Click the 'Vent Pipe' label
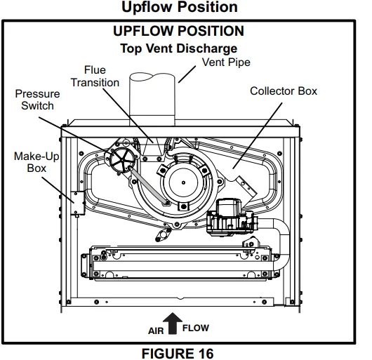click(225, 62)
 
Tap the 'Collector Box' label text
click(284, 91)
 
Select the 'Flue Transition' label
click(95, 76)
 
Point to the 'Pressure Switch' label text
click(34, 99)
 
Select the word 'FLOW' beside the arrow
click(195, 328)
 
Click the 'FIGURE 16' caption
click(178, 352)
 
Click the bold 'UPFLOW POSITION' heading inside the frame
click(178, 32)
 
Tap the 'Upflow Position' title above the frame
click(178, 8)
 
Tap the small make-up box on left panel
click(79, 206)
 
